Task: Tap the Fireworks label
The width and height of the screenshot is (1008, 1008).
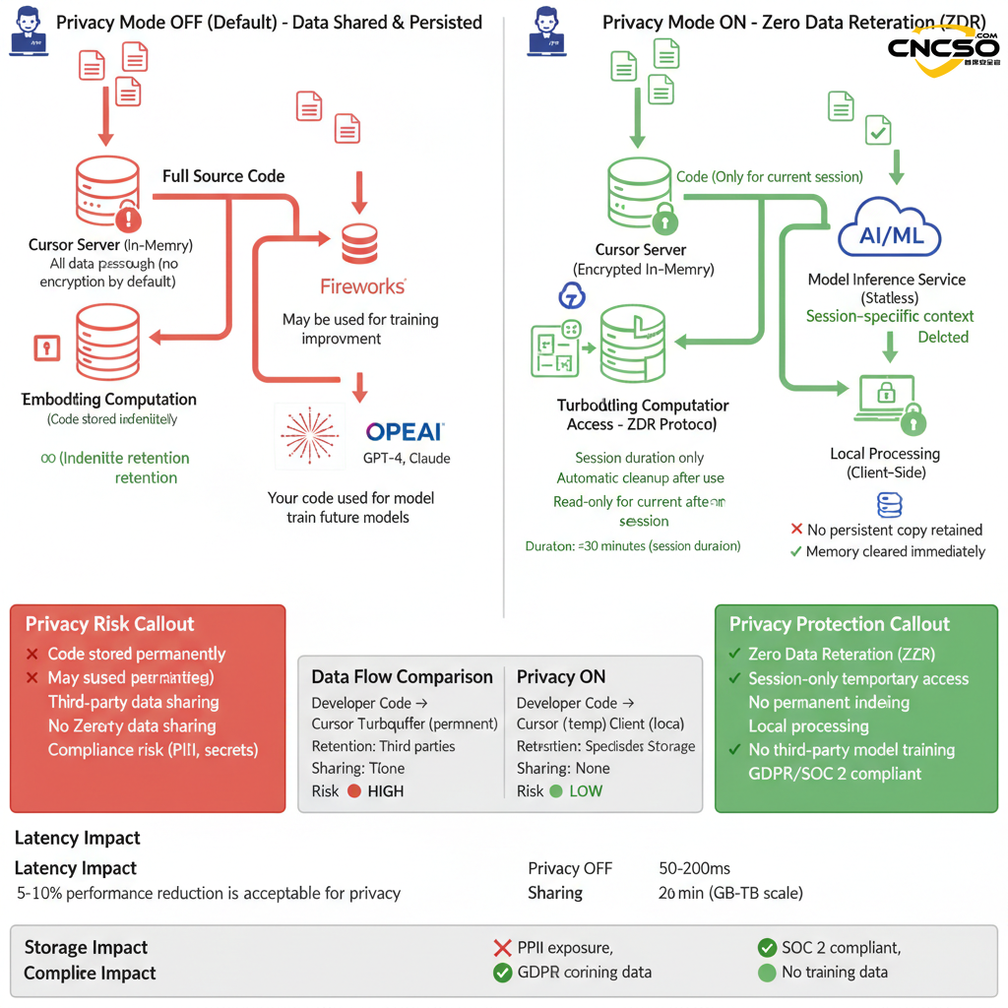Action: tap(362, 286)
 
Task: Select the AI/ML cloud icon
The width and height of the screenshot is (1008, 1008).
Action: tap(889, 229)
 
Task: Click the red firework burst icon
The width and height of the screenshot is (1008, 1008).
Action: tap(310, 435)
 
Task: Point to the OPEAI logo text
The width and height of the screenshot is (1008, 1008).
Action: tap(405, 431)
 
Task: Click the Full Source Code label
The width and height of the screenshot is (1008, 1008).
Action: tap(223, 176)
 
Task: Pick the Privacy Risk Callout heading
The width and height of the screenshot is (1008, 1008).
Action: tap(110, 624)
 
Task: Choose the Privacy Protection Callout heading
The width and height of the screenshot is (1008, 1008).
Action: tap(839, 624)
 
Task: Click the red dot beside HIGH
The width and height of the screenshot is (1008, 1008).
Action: tap(354, 791)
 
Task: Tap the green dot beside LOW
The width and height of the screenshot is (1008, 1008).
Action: tap(556, 791)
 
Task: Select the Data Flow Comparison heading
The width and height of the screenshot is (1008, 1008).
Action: tap(402, 677)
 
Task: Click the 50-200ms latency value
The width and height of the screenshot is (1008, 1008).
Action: tap(694, 868)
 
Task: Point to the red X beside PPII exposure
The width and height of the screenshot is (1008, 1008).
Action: tap(502, 948)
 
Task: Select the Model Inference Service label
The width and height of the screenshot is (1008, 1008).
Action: tap(886, 280)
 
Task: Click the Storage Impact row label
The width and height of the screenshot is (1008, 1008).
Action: tap(86, 948)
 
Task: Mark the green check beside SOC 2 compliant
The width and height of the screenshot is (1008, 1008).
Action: tap(767, 948)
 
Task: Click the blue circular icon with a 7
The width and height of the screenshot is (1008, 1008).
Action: tap(571, 296)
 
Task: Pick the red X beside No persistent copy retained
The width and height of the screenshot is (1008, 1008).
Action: tap(796, 530)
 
